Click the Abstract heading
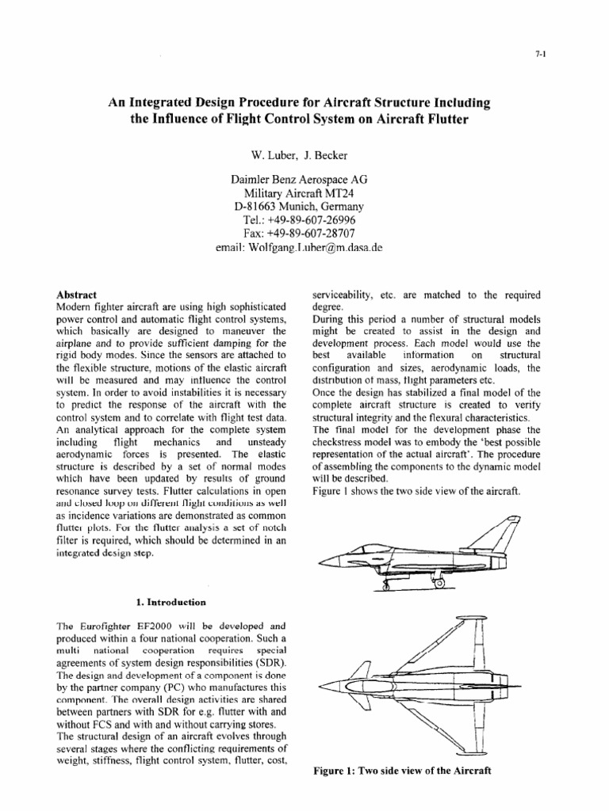78,293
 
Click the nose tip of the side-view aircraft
319,564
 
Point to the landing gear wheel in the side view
441,584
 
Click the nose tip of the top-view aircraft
319,686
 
